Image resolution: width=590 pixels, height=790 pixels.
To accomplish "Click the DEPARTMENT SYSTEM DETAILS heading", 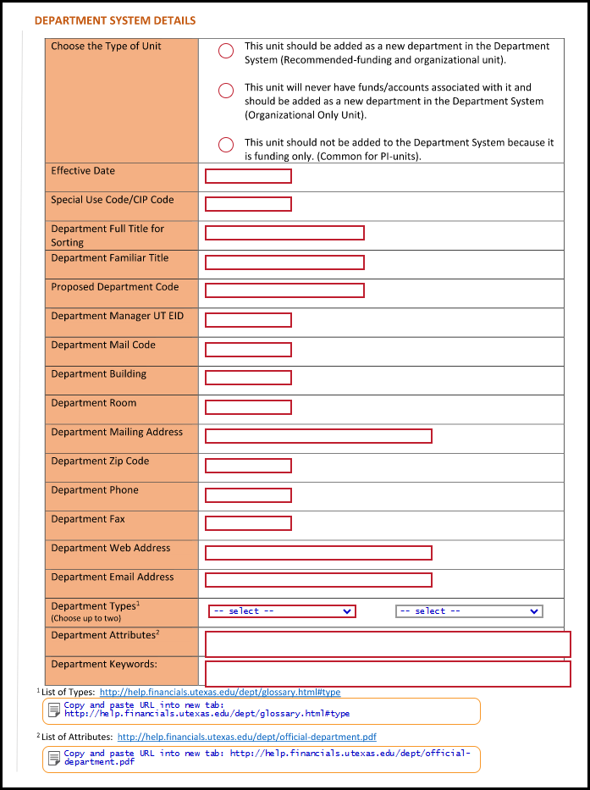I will click(115, 20).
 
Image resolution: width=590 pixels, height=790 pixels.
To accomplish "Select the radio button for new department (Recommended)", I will click(226, 52).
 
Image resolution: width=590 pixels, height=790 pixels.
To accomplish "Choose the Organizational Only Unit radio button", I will click(226, 91).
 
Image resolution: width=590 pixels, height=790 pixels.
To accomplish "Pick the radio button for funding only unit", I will click(226, 145).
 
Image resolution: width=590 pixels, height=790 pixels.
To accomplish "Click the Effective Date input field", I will click(248, 176).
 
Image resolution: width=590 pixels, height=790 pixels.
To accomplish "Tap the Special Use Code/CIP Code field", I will click(248, 204).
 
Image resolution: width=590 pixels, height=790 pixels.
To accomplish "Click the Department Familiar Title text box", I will click(284, 262).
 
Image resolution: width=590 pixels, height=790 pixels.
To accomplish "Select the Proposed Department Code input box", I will click(284, 290).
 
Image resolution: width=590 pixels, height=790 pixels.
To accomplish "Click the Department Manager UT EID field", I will click(248, 320).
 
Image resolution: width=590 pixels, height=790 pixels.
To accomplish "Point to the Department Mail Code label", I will click(103, 345).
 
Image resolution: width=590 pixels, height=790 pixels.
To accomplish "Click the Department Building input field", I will click(248, 378).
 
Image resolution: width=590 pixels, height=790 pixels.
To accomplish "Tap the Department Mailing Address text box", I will click(318, 436).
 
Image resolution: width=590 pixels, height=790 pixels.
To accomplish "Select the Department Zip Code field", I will click(248, 466).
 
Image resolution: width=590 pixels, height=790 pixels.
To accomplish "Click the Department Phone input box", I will click(248, 494).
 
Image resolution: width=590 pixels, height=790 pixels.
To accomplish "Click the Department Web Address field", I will click(318, 553).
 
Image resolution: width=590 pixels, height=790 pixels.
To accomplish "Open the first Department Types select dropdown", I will click(282, 611).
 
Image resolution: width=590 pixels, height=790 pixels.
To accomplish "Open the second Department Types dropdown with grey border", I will click(469, 611).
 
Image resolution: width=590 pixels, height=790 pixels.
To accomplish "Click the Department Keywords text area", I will click(388, 674).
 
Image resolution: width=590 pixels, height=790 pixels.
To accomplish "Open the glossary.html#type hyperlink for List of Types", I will click(220, 693).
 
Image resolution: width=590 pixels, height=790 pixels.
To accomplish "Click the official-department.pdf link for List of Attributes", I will click(247, 738).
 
